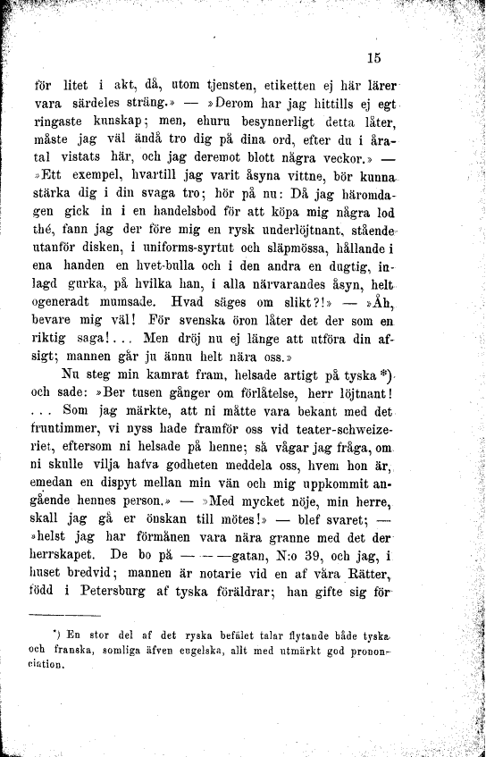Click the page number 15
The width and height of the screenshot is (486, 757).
(x=374, y=60)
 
